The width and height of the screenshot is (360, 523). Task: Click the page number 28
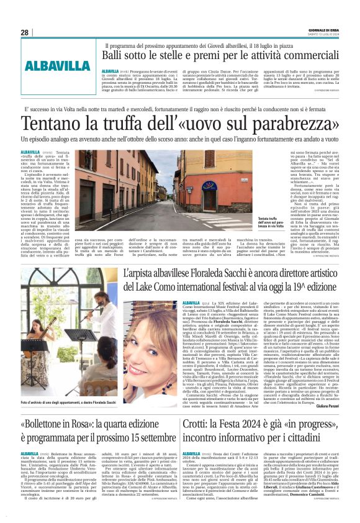click(24, 32)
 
